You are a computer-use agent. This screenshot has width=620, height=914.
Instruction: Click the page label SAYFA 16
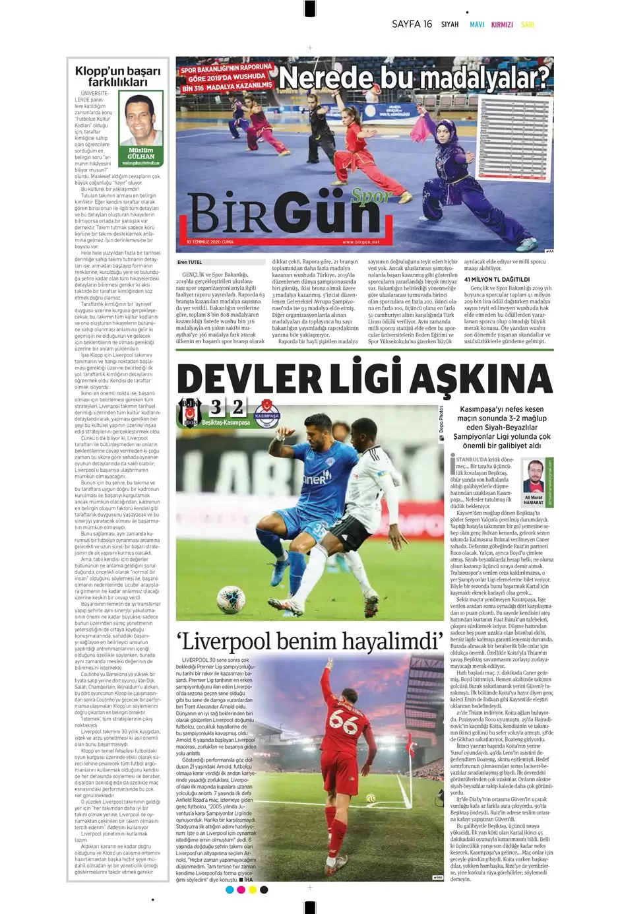[x=412, y=24]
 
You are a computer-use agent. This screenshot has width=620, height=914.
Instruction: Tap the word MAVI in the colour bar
[x=476, y=25]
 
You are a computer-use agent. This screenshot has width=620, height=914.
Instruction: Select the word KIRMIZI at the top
[x=502, y=25]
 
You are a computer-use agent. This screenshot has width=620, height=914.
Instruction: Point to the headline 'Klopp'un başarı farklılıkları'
[x=117, y=76]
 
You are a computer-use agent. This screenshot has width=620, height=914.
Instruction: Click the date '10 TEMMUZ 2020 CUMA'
[x=210, y=242]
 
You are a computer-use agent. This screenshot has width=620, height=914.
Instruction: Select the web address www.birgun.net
[x=361, y=242]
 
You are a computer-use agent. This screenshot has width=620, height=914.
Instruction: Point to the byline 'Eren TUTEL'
[x=189, y=262]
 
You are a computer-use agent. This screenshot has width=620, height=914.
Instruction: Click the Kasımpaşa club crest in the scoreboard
[x=267, y=414]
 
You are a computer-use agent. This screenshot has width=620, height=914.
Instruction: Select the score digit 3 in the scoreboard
[x=216, y=407]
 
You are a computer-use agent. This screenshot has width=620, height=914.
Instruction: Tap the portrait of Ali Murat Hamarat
[x=533, y=476]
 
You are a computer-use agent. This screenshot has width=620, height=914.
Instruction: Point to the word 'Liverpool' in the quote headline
[x=250, y=641]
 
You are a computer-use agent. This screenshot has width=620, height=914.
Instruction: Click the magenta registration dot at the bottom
[x=241, y=890]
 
